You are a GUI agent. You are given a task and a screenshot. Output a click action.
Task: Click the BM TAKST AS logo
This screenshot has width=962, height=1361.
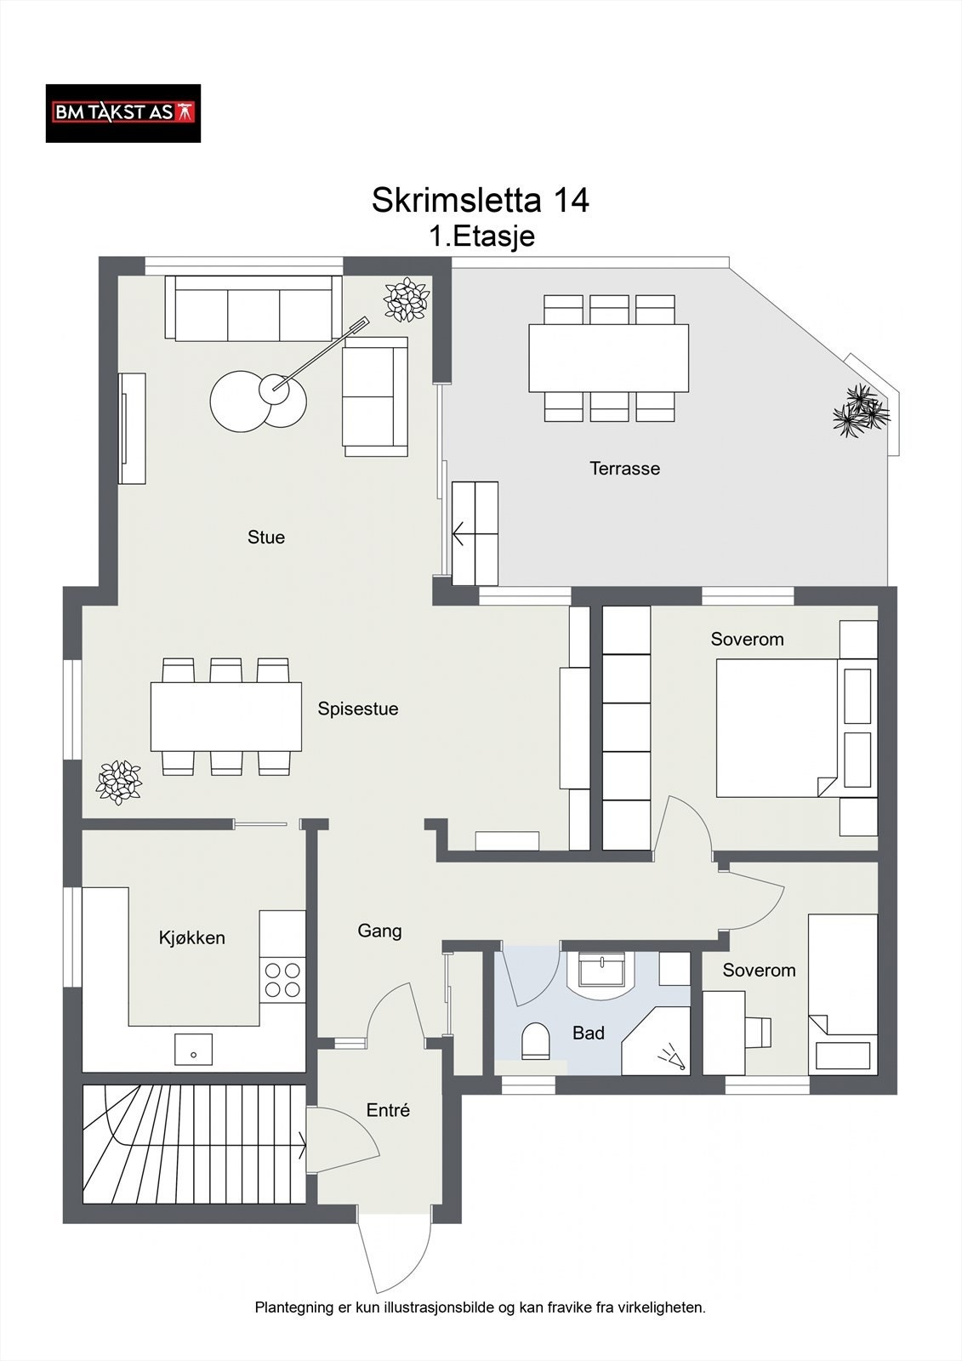[x=123, y=114]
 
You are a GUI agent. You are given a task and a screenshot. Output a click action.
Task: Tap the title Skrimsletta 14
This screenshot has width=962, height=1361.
[x=480, y=200]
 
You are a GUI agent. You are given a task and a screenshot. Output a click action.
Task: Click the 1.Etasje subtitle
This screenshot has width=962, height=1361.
[x=482, y=236]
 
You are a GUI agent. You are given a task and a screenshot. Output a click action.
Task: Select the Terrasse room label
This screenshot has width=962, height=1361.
[x=624, y=469]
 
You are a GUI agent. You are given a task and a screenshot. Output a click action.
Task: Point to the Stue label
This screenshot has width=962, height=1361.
[x=266, y=537]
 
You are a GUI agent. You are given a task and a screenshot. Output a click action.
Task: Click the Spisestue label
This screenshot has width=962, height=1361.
[x=358, y=709]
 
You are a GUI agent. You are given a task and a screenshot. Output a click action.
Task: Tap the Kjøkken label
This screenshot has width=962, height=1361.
[x=192, y=937]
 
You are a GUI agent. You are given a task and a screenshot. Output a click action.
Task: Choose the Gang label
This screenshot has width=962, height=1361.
[x=380, y=931]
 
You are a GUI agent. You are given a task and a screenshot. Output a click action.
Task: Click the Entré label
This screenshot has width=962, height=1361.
[x=389, y=1111]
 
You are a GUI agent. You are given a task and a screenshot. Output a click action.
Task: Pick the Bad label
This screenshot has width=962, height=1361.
[x=589, y=1033]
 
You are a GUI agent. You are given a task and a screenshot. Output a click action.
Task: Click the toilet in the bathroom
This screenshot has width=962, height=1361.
[x=535, y=1041]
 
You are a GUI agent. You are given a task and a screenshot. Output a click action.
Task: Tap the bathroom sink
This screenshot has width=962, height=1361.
[x=601, y=970]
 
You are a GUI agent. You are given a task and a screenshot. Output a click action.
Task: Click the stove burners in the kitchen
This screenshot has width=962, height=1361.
[x=282, y=980]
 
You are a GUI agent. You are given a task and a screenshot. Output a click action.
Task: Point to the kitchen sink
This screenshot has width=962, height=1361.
[x=193, y=1050]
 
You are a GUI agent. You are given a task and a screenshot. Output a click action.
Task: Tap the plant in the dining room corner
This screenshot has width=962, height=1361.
[x=119, y=783]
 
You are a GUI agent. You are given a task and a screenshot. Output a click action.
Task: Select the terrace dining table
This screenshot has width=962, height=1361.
[x=608, y=358]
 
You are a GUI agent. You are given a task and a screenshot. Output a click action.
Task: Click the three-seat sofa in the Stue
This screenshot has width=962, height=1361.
[x=253, y=309]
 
